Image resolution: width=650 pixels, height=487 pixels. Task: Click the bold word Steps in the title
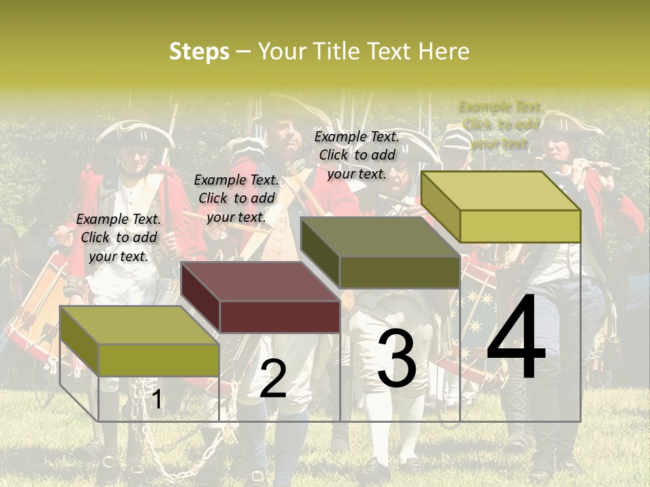click(x=199, y=51)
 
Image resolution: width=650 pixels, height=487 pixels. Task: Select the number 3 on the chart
click(x=396, y=359)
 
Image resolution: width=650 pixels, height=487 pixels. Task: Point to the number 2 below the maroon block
click(x=273, y=379)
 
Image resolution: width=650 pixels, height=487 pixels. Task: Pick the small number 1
click(x=156, y=399)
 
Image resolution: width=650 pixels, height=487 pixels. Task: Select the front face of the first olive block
click(x=158, y=360)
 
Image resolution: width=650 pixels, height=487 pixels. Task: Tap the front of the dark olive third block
click(x=399, y=272)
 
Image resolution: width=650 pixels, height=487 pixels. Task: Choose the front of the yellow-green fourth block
click(x=520, y=226)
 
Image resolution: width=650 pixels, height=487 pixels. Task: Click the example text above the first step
click(x=118, y=237)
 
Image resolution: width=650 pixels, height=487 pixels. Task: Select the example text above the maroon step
click(x=236, y=198)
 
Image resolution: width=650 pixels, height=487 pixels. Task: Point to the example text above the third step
click(x=357, y=155)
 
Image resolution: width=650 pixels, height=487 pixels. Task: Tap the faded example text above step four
click(x=500, y=124)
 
